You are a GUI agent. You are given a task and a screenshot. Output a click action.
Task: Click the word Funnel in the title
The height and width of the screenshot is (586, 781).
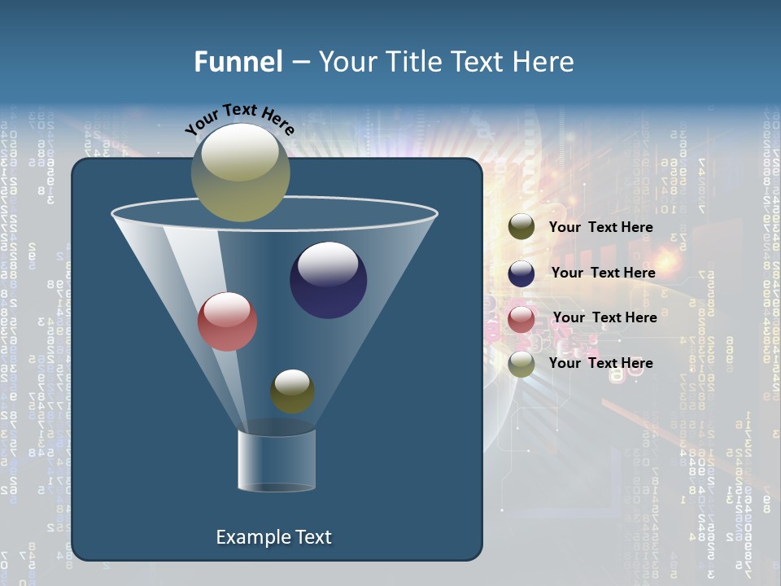tap(238, 62)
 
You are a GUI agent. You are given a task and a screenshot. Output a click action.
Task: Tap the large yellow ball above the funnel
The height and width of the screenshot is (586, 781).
tap(240, 173)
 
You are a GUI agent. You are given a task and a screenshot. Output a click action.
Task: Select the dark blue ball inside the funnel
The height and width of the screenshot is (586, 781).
tap(328, 280)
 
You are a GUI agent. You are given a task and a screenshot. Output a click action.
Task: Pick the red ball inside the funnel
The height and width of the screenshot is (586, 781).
tap(227, 321)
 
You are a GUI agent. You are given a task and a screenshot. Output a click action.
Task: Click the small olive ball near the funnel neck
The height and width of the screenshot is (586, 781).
tap(292, 391)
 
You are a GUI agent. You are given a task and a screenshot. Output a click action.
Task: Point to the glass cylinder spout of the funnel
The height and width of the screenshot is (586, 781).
tap(276, 460)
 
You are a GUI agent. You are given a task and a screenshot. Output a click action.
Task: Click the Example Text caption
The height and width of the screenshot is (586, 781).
tap(273, 537)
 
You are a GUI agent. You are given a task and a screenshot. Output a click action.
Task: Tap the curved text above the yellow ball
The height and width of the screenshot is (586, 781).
tap(240, 120)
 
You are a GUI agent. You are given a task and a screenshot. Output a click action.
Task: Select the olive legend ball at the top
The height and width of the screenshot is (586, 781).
tap(521, 227)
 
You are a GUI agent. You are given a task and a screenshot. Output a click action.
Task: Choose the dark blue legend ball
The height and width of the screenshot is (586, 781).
tap(521, 273)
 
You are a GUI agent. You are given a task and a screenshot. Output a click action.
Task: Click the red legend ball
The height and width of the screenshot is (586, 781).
tap(521, 318)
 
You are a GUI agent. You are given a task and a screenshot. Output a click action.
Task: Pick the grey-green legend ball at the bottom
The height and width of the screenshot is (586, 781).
tap(521, 364)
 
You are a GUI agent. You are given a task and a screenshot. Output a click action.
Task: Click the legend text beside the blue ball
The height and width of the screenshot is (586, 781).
tap(603, 273)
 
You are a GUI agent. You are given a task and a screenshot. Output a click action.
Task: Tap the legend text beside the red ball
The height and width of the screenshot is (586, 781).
tap(604, 317)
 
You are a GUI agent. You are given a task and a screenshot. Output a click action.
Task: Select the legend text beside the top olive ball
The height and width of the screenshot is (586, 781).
tap(600, 227)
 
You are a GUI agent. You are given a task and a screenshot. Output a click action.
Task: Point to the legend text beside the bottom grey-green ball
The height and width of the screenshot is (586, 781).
tap(600, 363)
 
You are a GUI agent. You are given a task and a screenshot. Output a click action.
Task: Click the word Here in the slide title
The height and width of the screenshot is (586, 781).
tap(543, 62)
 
